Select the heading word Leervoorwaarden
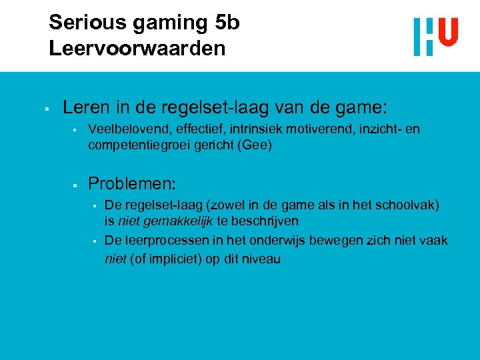coord(137,49)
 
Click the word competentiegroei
coord(139,145)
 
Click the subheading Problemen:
coord(132,183)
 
